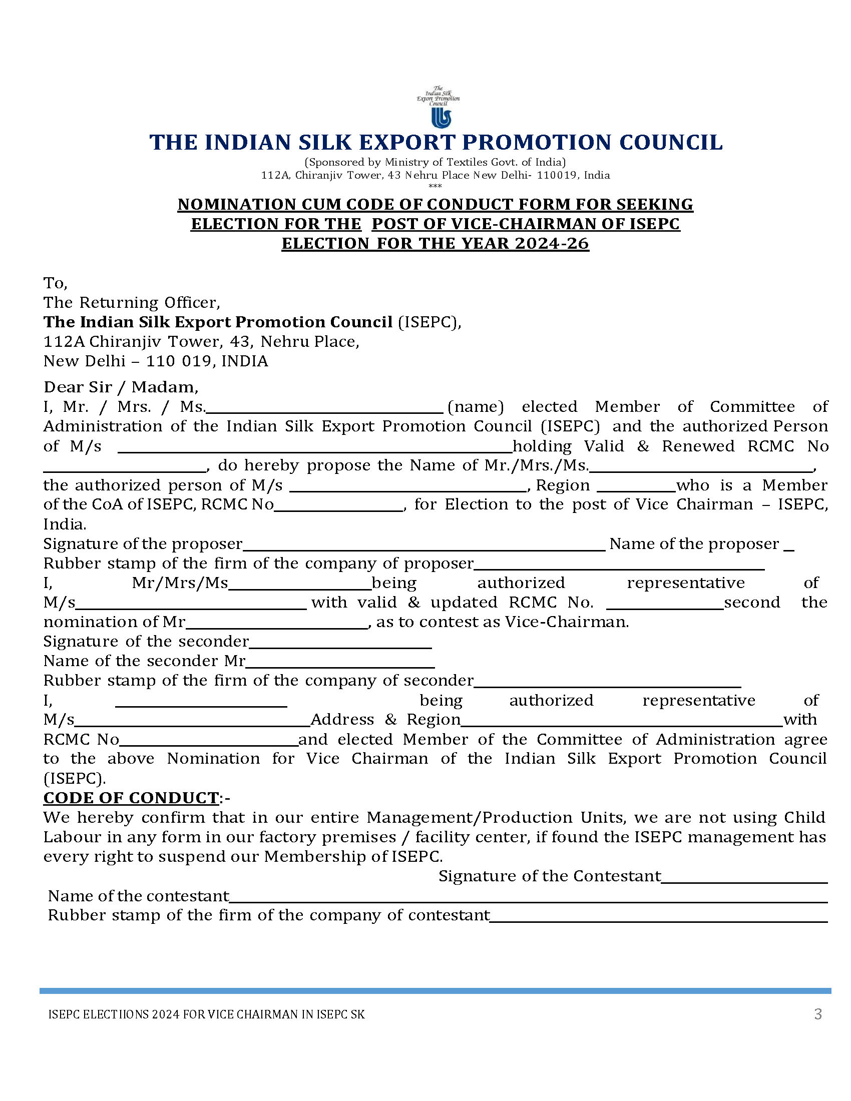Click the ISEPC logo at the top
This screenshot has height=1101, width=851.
click(438, 107)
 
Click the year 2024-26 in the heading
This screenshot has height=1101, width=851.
click(552, 244)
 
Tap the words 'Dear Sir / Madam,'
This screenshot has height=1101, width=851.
click(121, 387)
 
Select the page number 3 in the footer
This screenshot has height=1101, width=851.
click(818, 1014)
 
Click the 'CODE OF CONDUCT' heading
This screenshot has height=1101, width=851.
click(131, 798)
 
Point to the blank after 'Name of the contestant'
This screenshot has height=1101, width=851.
click(528, 897)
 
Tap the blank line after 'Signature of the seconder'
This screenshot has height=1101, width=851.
click(340, 643)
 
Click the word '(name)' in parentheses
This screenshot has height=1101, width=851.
click(476, 406)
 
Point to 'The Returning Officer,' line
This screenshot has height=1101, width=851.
click(132, 302)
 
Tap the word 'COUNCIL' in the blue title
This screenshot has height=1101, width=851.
click(670, 142)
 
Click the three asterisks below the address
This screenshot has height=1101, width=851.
click(435, 186)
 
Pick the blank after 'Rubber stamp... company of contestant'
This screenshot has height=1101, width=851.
click(658, 916)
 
